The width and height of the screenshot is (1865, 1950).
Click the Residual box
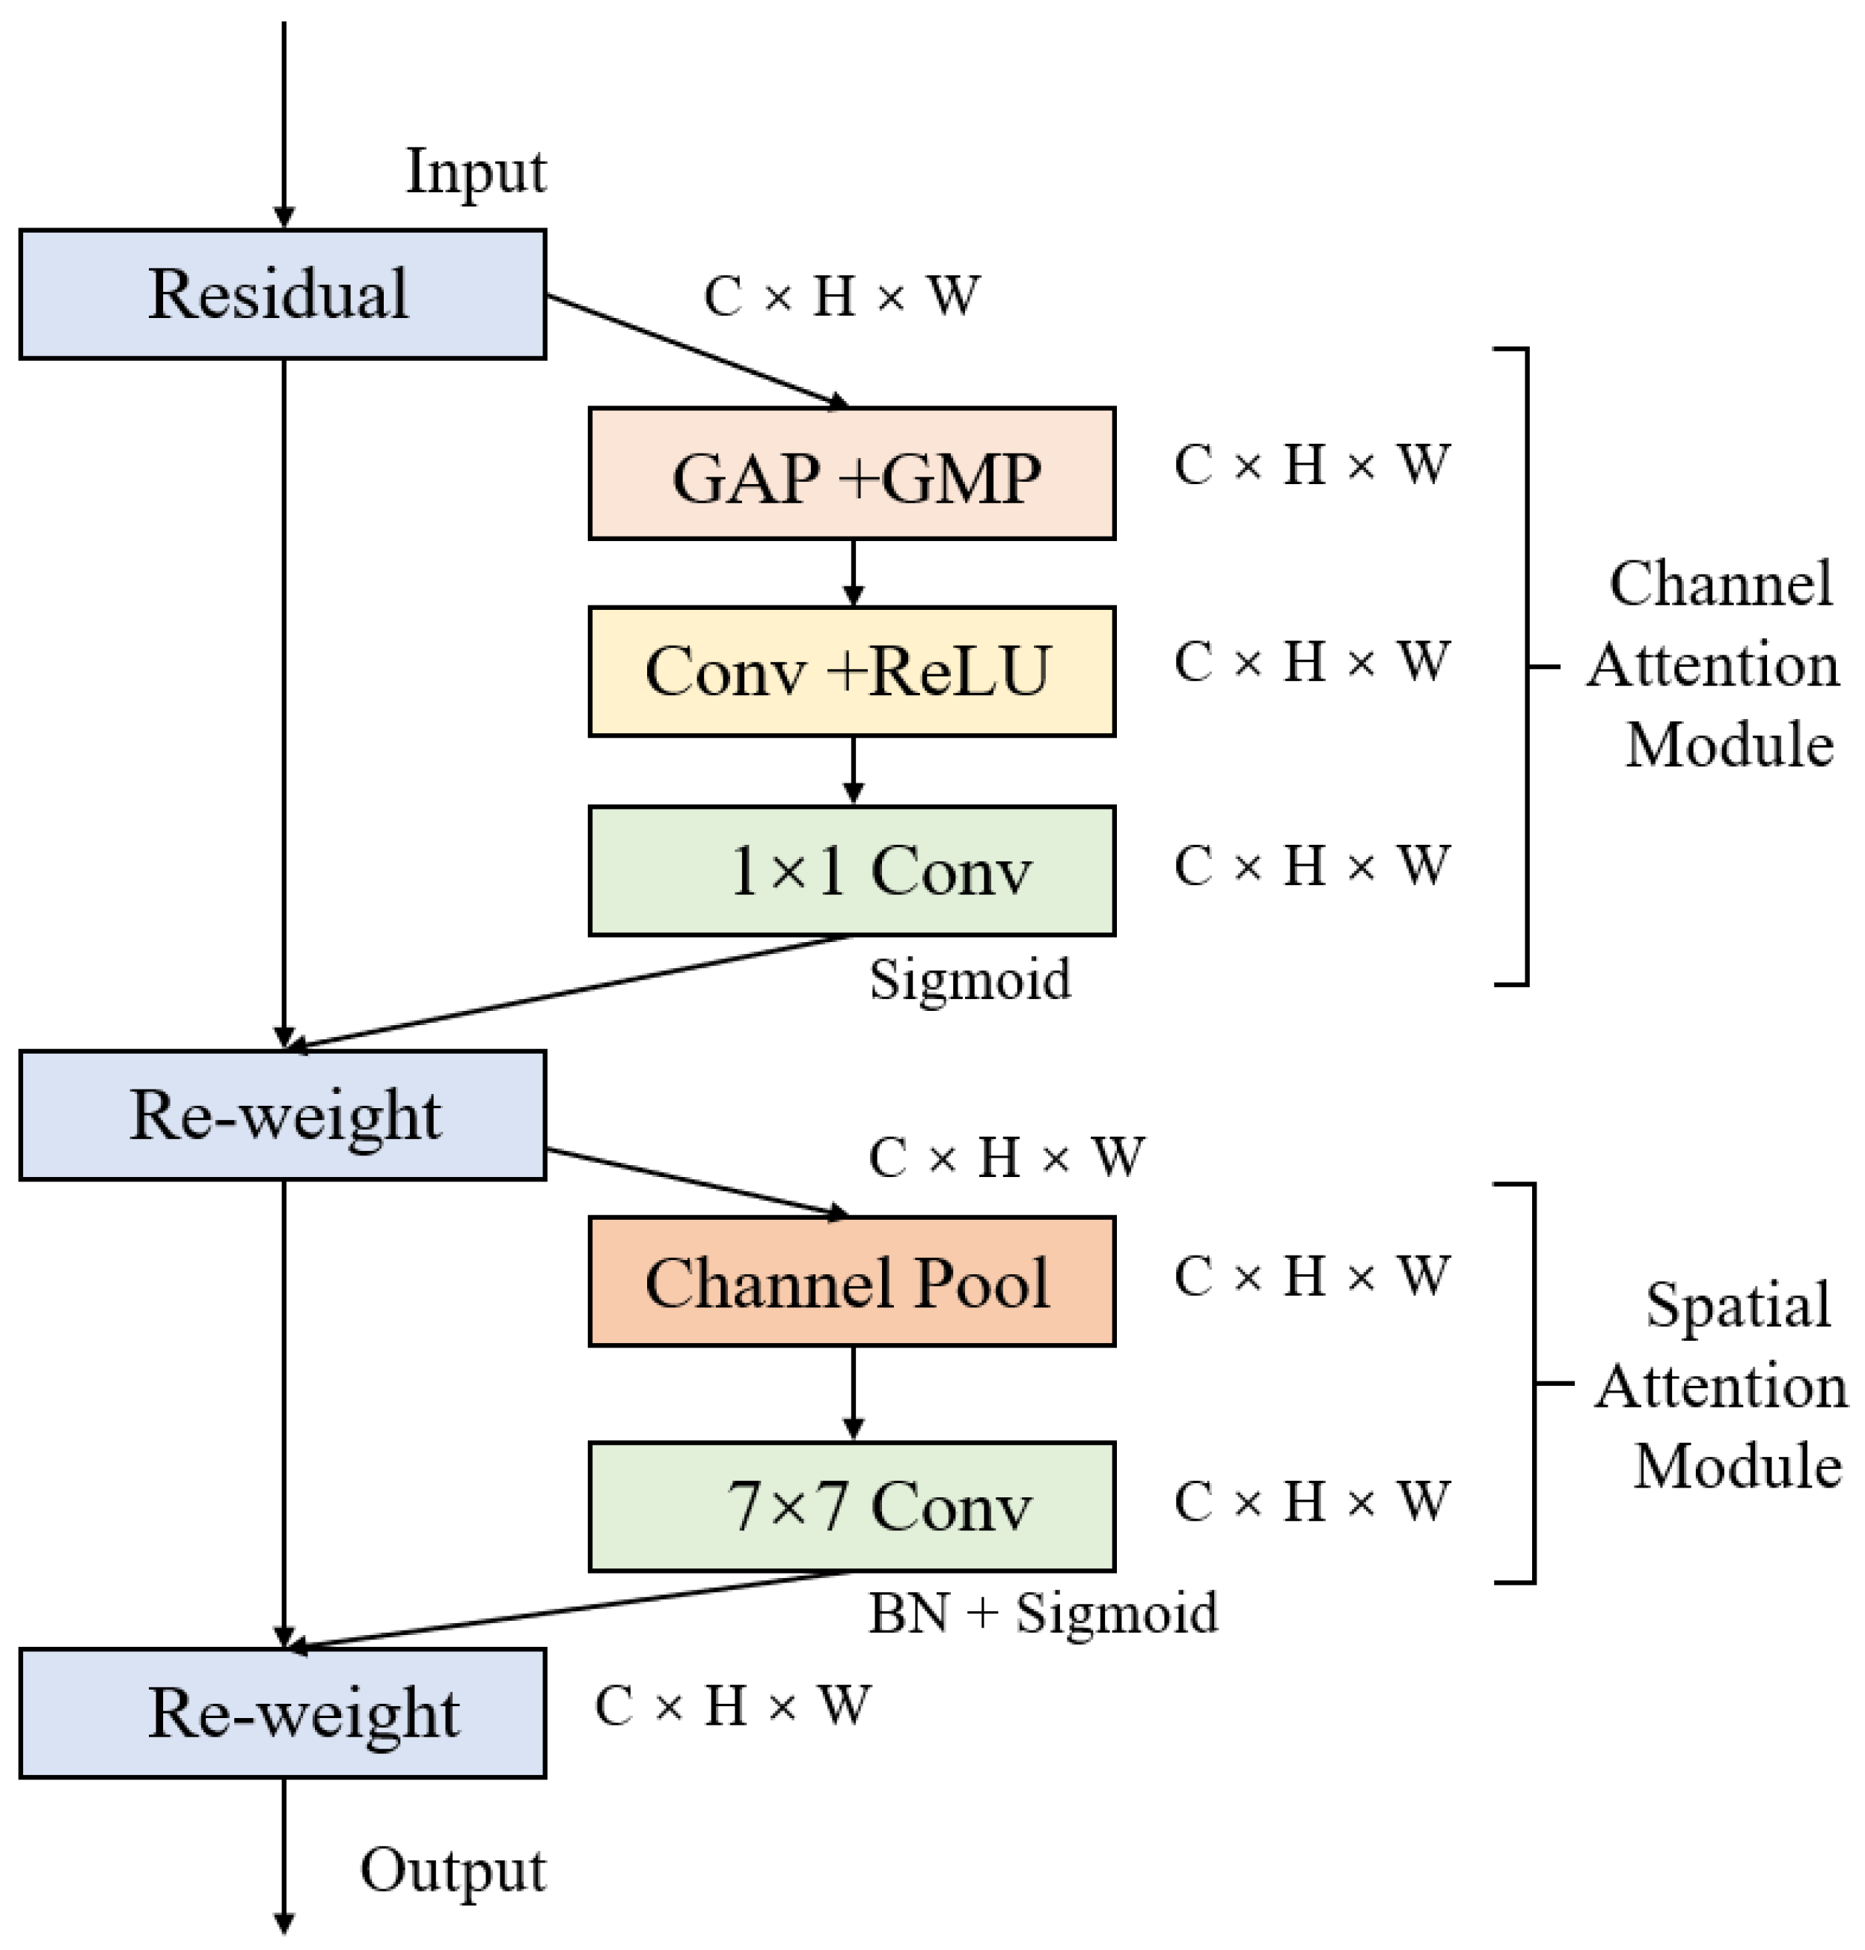(x=282, y=294)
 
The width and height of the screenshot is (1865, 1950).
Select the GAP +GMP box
(x=851, y=474)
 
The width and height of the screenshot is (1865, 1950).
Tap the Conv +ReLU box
(x=851, y=671)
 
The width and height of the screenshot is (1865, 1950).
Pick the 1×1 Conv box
(x=851, y=870)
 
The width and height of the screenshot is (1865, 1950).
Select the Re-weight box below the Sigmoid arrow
(x=282, y=1115)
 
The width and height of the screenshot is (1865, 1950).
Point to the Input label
(x=475, y=172)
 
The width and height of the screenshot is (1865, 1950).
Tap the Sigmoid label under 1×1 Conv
(x=970, y=979)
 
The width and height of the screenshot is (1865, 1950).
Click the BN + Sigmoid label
(x=1042, y=1612)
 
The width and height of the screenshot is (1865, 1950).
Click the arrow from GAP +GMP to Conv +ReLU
(x=852, y=572)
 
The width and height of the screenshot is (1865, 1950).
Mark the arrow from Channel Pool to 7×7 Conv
(x=852, y=1392)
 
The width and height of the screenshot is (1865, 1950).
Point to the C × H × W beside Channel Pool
(x=1310, y=1276)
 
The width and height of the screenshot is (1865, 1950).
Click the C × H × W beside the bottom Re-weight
(x=732, y=1706)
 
